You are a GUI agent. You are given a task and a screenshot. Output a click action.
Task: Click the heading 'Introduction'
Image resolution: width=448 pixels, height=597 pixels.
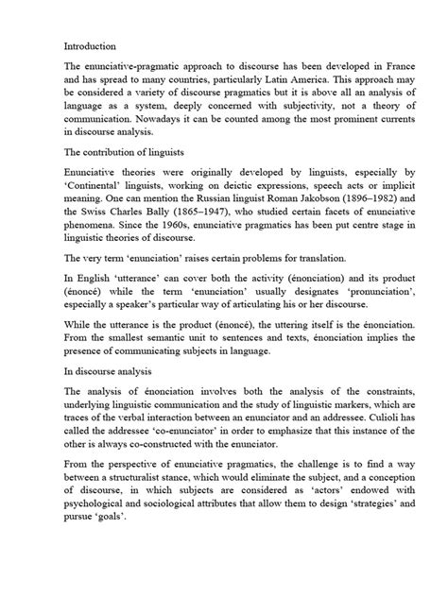[x=90, y=44]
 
